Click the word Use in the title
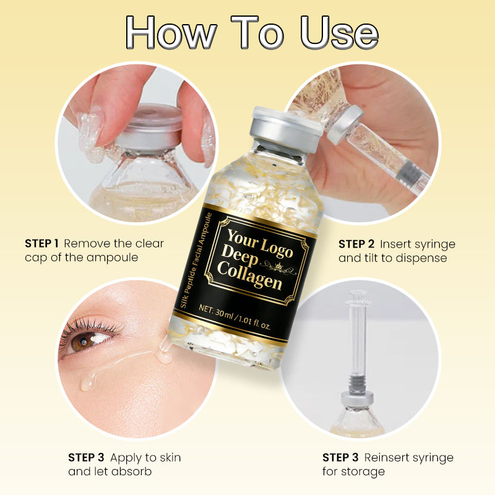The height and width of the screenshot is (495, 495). pos(339,33)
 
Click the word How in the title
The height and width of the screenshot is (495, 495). pos(171,33)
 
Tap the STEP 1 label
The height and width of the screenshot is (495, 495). pos(41,243)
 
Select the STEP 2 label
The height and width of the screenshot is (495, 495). pos(356,244)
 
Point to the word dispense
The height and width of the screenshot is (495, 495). pos(421,258)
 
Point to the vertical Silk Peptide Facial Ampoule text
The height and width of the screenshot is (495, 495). pos(196,260)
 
